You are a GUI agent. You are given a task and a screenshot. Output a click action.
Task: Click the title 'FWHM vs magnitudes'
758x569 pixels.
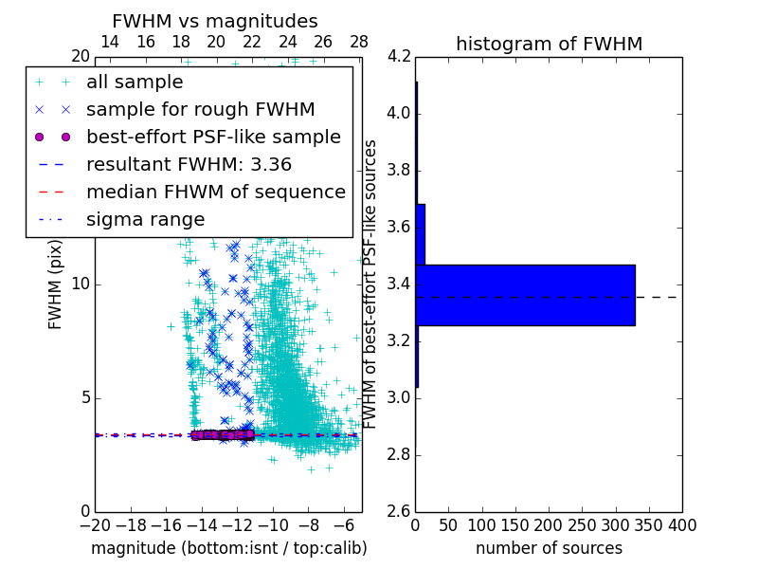pos(215,21)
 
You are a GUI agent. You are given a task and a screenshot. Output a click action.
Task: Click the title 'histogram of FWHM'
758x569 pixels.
pos(549,44)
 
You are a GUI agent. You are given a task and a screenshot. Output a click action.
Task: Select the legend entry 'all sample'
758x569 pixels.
pos(135,83)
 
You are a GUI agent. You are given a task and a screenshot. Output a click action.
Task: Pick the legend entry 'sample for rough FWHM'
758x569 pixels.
pos(200,110)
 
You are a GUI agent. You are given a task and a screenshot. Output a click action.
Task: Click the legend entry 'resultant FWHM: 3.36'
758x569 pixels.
pos(189,165)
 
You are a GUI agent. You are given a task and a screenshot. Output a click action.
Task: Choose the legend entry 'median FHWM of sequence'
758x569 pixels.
pos(215,193)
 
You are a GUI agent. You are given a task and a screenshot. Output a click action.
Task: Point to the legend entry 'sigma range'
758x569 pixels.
pos(145,220)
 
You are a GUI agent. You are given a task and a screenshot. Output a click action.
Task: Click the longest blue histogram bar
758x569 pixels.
pos(525,295)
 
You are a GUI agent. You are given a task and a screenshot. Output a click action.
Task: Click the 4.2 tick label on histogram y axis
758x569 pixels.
pos(398,57)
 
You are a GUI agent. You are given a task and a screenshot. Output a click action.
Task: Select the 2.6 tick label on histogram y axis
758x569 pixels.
pos(398,511)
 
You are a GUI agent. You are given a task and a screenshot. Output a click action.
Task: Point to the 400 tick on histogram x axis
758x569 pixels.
pos(681,525)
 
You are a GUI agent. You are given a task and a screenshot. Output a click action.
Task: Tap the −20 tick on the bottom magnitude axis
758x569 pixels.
pos(95,525)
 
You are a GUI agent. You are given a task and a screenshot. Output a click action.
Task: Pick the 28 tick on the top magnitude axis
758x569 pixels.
pos(358,42)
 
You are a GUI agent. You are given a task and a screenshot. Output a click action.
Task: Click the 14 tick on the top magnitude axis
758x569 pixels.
pos(110,42)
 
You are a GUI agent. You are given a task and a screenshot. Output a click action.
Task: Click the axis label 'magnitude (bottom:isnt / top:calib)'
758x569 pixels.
pos(228,548)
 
